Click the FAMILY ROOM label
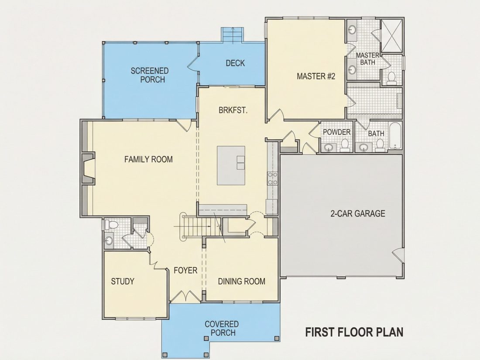[148, 159]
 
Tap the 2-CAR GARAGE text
[358, 213]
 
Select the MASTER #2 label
[316, 76]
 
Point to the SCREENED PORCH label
[150, 75]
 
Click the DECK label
[235, 63]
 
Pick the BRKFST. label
[233, 110]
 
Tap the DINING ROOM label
[242, 281]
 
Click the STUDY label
[123, 281]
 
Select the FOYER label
[185, 270]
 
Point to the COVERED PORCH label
[222, 328]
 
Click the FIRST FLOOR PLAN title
[354, 332]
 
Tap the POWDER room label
[337, 132]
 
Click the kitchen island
[231, 165]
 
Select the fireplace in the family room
[88, 168]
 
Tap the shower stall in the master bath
[391, 36]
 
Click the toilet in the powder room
[345, 145]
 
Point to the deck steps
[233, 35]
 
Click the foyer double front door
[185, 296]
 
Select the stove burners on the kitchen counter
[272, 178]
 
